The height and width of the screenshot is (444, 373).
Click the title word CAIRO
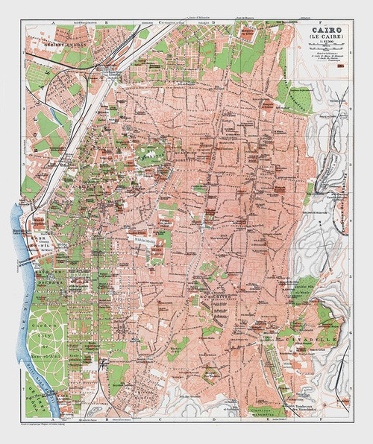point(322,34)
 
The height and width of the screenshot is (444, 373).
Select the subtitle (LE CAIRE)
point(322,42)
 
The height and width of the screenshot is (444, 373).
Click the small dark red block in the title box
point(346,65)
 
